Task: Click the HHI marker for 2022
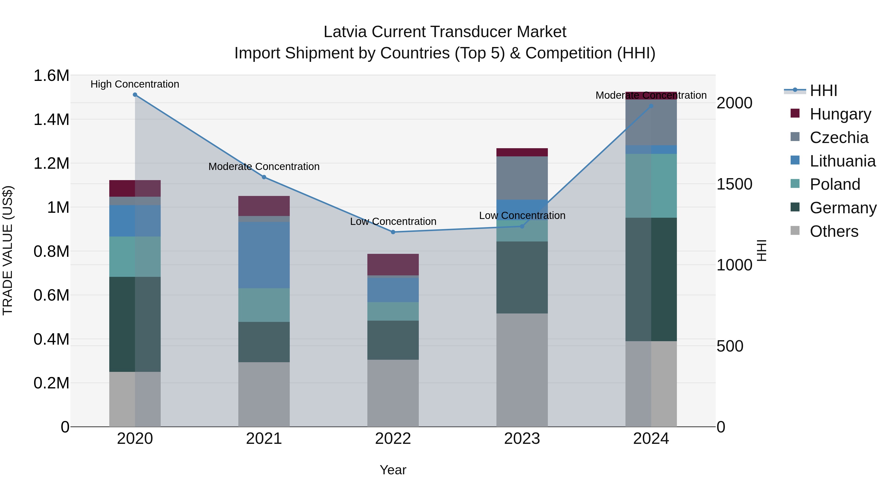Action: pos(393,232)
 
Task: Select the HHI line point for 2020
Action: pos(135,95)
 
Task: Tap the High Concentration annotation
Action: pos(135,84)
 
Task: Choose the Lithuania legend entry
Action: pos(842,161)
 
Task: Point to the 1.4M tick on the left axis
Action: pos(51,120)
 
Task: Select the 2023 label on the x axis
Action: pos(522,438)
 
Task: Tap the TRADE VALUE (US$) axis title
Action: pos(8,250)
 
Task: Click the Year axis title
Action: pos(393,470)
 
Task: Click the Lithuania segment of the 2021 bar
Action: pos(264,255)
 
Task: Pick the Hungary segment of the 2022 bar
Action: pos(393,264)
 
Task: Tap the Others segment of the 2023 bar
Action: pos(522,370)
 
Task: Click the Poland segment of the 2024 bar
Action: pos(651,186)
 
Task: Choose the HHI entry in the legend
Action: pos(823,91)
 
